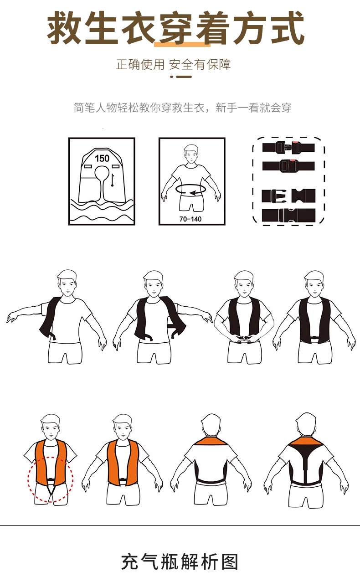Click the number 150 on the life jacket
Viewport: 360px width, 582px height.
[102, 158]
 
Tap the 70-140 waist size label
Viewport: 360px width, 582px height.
[190, 219]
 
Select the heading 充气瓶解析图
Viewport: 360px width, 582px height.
[180, 562]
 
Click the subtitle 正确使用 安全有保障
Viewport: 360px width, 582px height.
[173, 64]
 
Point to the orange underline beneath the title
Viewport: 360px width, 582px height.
[182, 44]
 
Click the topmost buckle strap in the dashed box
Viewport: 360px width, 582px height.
[288, 147]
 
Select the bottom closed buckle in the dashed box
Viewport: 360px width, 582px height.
[288, 215]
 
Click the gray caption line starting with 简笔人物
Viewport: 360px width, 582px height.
[183, 108]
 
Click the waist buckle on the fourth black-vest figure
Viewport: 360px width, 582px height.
[314, 338]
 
